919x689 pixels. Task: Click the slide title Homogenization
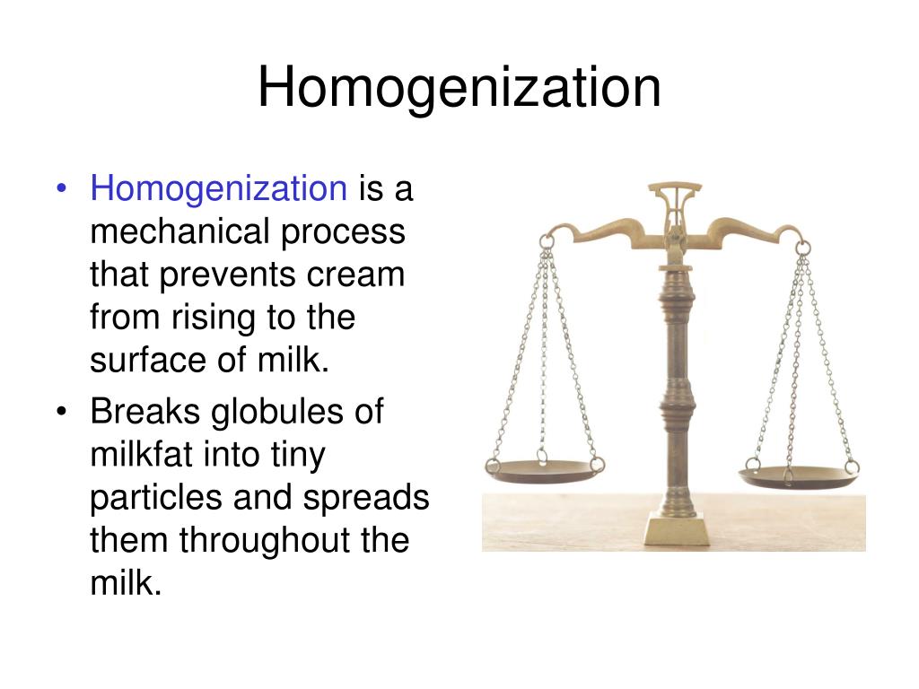[459, 88]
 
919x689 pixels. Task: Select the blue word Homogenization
[218, 188]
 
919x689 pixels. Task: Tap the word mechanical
[179, 231]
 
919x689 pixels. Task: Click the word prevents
[233, 275]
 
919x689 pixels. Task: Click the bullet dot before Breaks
[61, 413]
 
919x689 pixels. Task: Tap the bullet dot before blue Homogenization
[61, 189]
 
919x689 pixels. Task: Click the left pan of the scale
[544, 468]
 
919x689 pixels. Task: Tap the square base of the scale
[676, 528]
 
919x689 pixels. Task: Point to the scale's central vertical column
[675, 377]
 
